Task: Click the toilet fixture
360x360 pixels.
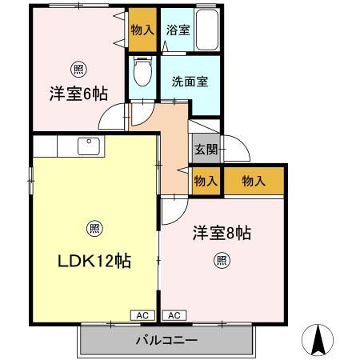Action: [142, 71]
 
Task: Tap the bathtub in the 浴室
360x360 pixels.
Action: [207, 30]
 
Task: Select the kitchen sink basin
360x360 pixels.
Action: [89, 146]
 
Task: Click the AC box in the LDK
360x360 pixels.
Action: [142, 315]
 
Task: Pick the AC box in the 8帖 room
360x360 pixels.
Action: [174, 315]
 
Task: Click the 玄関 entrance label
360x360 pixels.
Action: [206, 150]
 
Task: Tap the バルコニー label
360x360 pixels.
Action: [166, 340]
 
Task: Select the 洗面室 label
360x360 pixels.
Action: [190, 82]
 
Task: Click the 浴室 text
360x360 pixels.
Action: [178, 30]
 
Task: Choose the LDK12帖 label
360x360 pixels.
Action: [94, 261]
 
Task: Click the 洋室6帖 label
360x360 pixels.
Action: [78, 94]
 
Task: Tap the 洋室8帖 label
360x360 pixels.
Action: [222, 233]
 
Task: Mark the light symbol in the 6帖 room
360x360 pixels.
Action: [78, 70]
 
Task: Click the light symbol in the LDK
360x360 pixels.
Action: [94, 229]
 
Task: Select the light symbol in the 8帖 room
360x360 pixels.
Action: [222, 261]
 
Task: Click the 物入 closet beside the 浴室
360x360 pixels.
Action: [142, 30]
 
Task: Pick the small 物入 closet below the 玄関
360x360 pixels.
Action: [206, 181]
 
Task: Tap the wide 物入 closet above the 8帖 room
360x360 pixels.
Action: [254, 181]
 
